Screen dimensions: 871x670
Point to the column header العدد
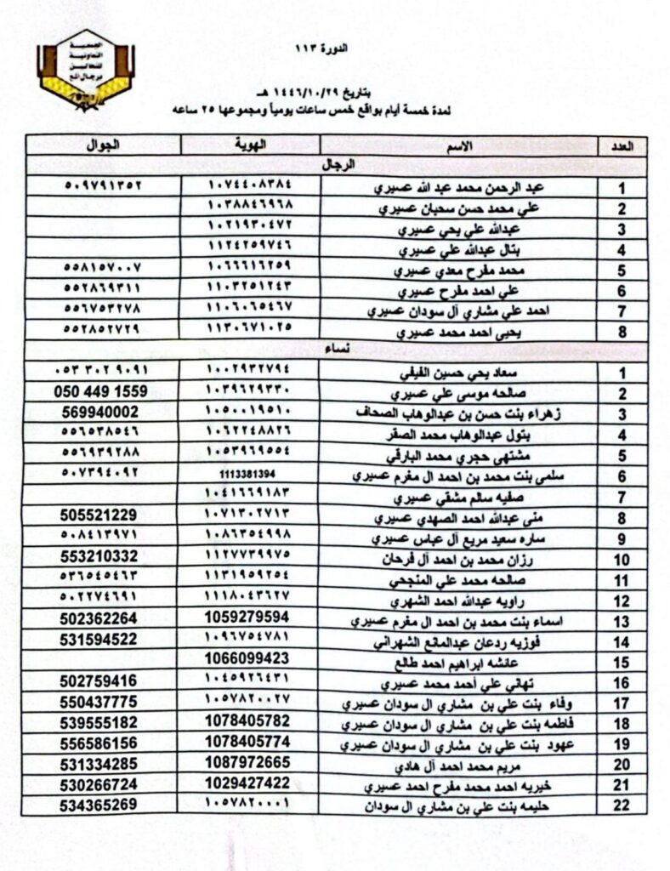(x=622, y=145)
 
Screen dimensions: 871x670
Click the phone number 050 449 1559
(x=105, y=392)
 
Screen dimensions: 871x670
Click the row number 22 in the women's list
(x=622, y=803)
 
